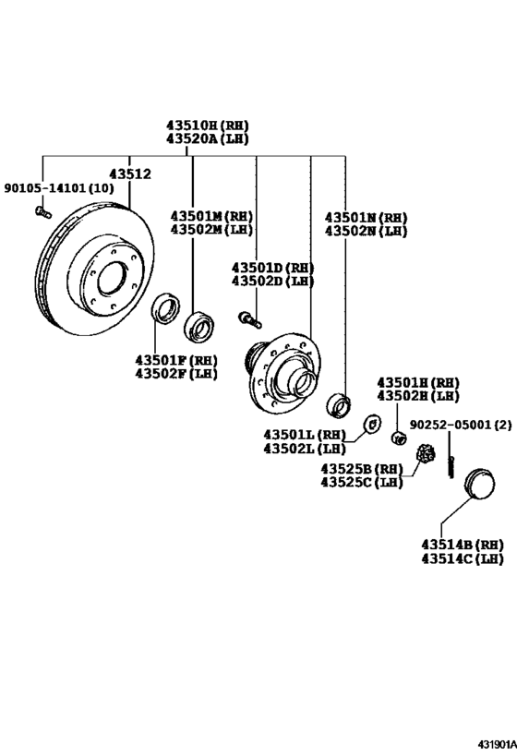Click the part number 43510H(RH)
[x=207, y=125]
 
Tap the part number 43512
[x=129, y=174]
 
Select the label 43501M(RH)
[x=211, y=216]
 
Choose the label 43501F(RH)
[x=176, y=359]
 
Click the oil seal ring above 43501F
[x=164, y=308]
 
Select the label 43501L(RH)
[x=304, y=434]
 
